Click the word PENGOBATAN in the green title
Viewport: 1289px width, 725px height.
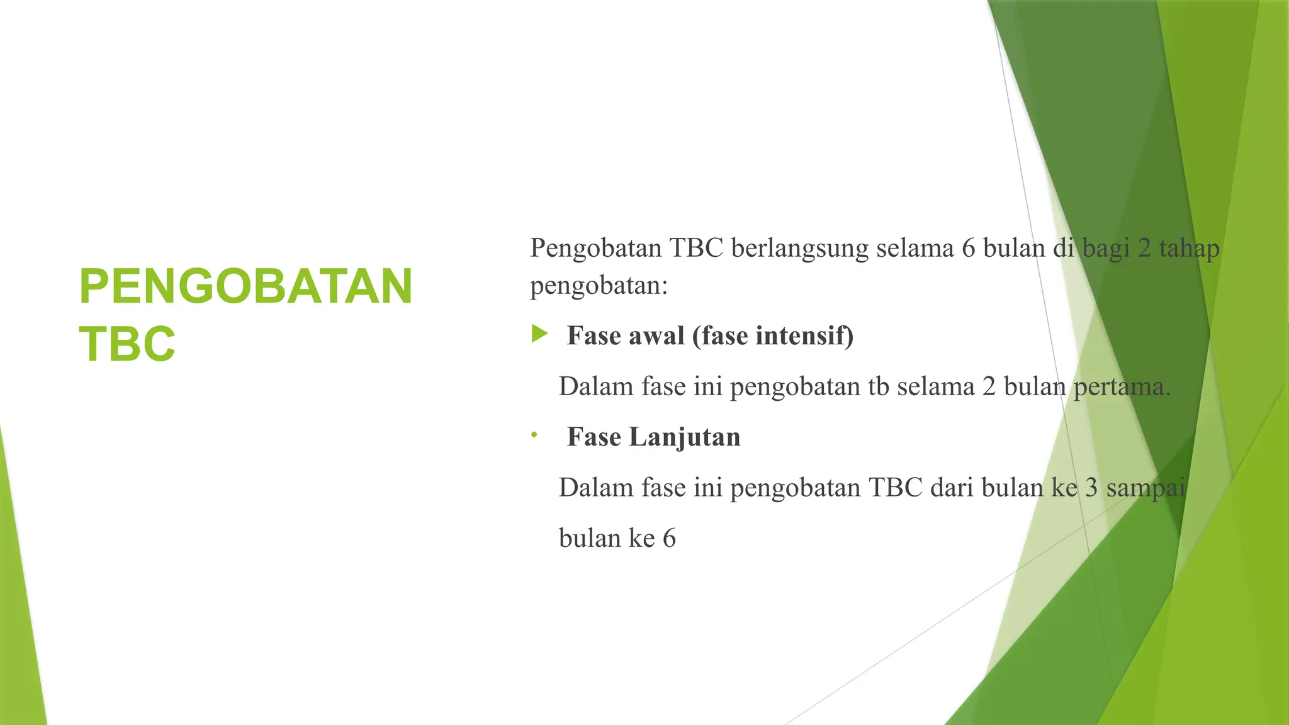(245, 287)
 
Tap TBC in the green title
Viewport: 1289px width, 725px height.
(127, 345)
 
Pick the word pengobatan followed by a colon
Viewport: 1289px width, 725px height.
(599, 286)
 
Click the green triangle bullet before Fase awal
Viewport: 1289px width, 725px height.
(539, 334)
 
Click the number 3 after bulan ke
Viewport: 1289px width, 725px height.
(1092, 488)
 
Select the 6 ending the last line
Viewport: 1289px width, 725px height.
(669, 539)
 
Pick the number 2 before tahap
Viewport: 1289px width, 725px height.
(1144, 249)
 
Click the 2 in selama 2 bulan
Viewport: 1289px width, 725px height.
(989, 386)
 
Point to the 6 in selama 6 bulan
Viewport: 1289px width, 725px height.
(969, 249)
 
